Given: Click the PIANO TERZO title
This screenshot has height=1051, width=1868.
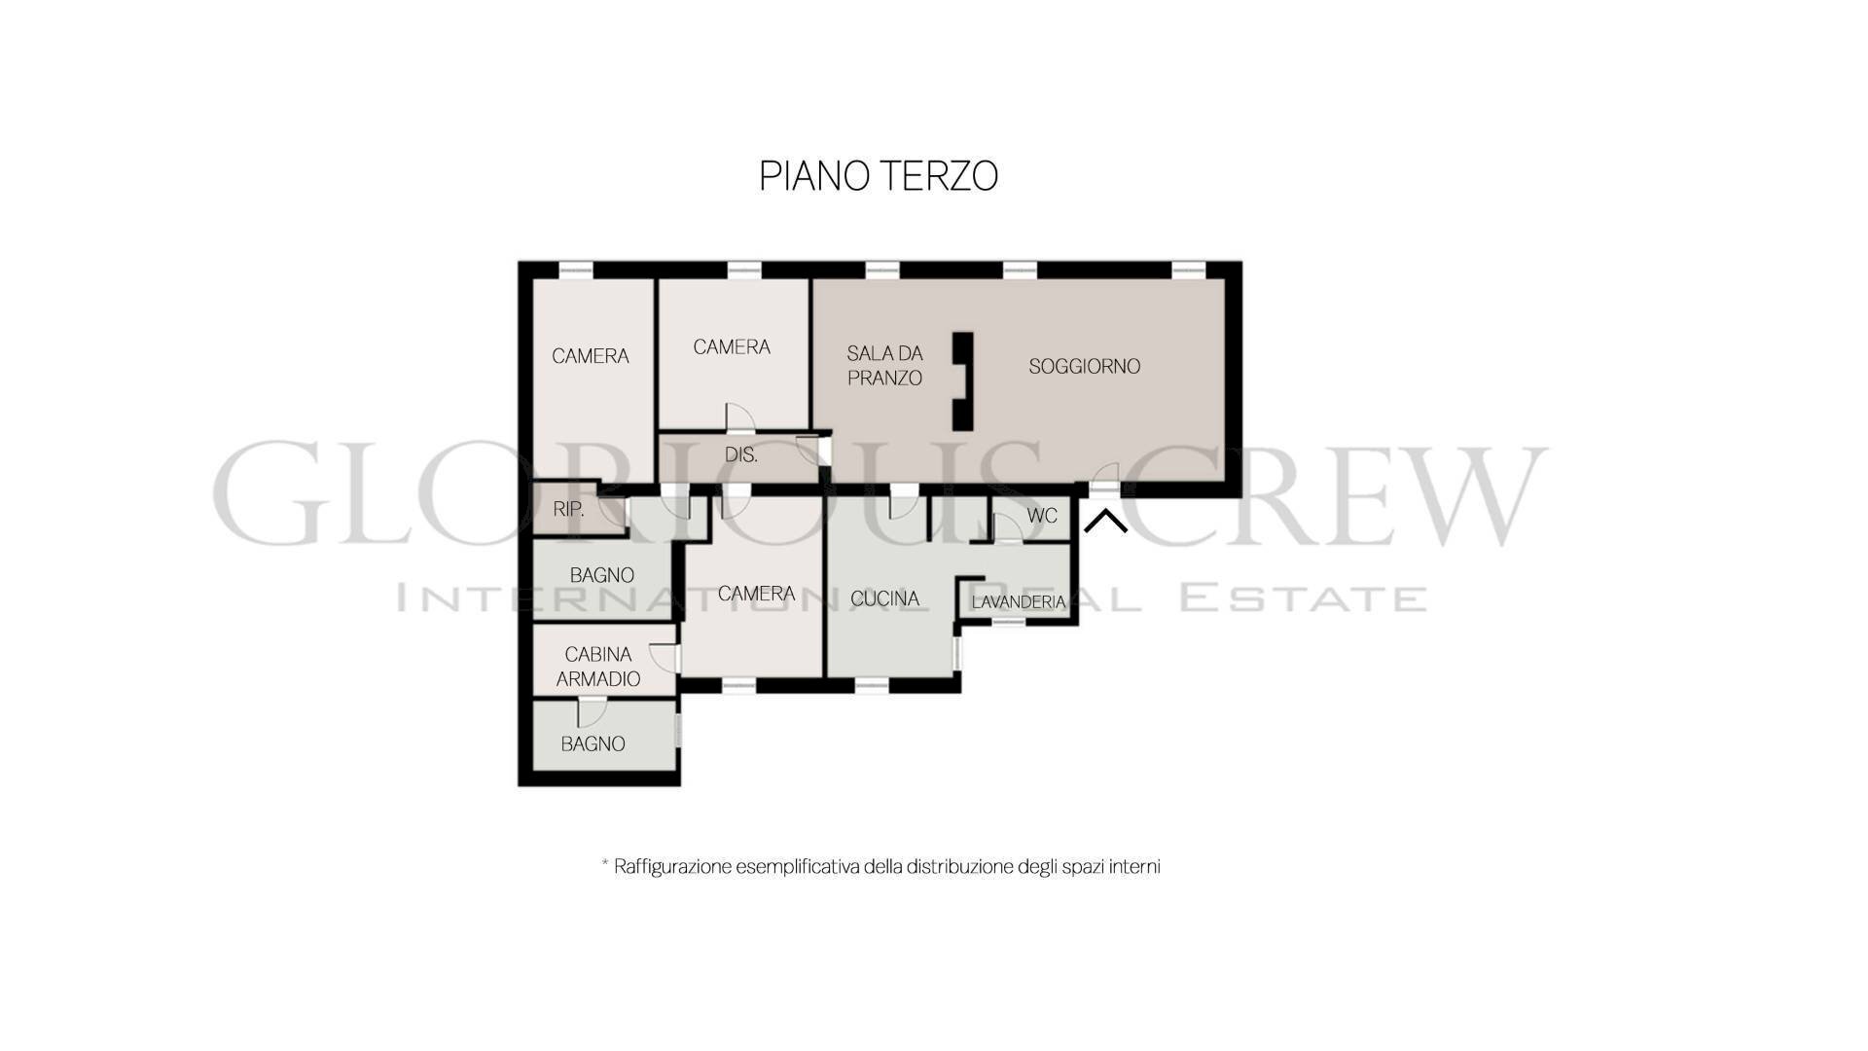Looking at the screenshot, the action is tap(879, 176).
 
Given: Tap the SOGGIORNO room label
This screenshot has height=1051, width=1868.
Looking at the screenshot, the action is tap(1085, 366).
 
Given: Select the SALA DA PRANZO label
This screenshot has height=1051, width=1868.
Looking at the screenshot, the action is tap(884, 365).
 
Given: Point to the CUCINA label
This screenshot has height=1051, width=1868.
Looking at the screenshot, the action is tap(884, 598).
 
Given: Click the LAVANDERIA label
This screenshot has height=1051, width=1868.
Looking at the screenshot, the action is tap(1019, 602).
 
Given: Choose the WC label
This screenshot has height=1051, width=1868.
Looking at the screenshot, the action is tap(1042, 515).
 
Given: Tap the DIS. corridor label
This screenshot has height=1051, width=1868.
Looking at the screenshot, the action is tap(741, 454).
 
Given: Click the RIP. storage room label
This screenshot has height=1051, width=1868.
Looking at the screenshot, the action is tap(568, 509).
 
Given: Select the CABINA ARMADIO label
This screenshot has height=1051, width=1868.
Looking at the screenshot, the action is tap(598, 667).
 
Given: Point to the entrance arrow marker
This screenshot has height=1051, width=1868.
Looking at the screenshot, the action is tap(1105, 522).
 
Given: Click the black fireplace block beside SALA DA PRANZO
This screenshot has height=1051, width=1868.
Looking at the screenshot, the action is tap(962, 381).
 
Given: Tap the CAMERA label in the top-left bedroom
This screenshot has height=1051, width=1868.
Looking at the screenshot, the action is tap(591, 356).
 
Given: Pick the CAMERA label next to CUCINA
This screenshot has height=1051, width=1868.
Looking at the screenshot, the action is tap(756, 594).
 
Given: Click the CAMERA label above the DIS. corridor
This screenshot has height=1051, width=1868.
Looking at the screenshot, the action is tap(732, 347).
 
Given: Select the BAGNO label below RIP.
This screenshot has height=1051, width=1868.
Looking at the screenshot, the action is tap(602, 575).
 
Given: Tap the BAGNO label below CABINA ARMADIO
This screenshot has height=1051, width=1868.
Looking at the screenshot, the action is tap(593, 743).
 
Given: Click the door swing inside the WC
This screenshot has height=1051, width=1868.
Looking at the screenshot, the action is tap(1008, 526).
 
